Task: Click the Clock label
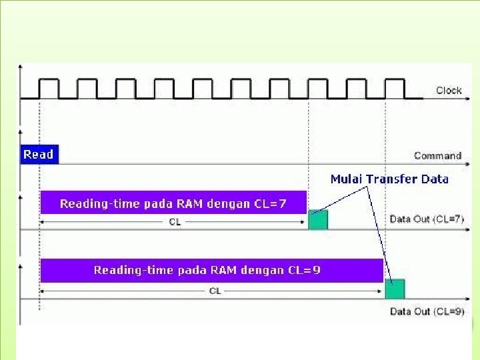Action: coord(449,91)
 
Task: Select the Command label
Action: coord(437,155)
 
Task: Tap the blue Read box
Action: coord(39,155)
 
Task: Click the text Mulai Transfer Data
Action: coord(389,179)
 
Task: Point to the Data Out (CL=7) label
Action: coord(427,219)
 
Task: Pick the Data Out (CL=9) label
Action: coord(427,311)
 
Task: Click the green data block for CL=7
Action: coord(318,220)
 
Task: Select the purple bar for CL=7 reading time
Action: coord(173,203)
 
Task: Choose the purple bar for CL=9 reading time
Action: coord(211,270)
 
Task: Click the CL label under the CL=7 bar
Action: coord(175,222)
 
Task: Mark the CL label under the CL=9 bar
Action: coord(215,291)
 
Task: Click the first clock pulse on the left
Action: coord(49,89)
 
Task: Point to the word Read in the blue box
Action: coord(39,155)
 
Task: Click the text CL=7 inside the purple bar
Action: coord(271,204)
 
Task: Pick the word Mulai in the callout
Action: coord(346,179)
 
